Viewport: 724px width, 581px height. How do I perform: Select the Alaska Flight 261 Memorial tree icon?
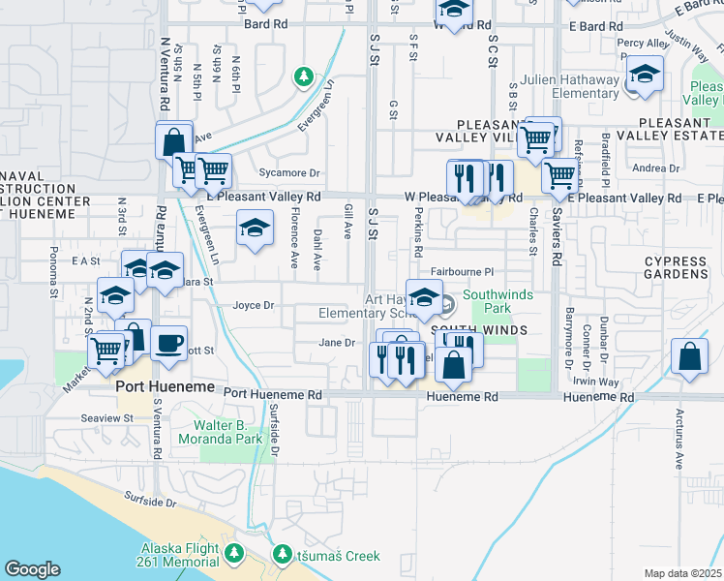tap(233, 553)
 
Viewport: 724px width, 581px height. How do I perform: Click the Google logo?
tap(33, 568)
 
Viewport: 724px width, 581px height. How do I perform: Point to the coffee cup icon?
tap(168, 343)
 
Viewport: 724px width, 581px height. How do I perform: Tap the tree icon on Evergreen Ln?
tap(303, 76)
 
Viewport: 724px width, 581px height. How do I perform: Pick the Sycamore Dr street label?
tap(288, 173)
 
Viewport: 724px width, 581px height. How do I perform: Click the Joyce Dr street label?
tap(254, 305)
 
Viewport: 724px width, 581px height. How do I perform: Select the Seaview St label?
tap(107, 417)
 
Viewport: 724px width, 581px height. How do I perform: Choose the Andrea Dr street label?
tap(655, 168)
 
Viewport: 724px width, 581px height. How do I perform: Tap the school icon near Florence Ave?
tap(255, 229)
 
